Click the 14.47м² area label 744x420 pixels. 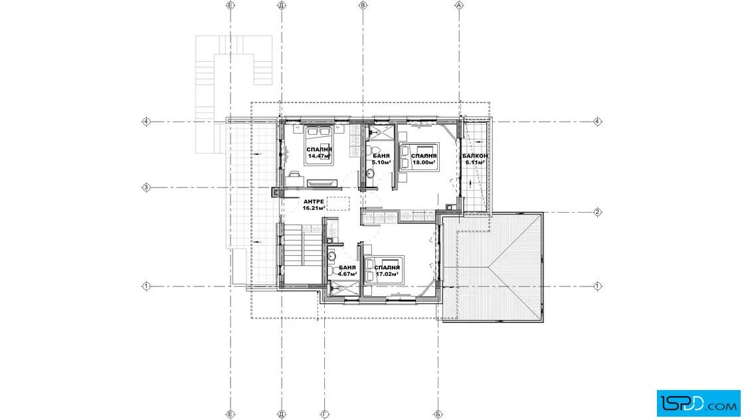click(319, 156)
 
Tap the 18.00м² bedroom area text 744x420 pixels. click(424, 162)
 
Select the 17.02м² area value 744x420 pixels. click(387, 274)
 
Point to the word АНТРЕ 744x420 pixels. click(314, 202)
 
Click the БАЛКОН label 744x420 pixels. click(475, 156)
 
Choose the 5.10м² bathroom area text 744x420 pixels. click(381, 162)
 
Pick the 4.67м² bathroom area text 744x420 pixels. click(347, 274)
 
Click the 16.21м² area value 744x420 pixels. click(314, 208)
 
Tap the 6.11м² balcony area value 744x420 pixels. click(475, 162)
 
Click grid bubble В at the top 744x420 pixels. click(363, 5)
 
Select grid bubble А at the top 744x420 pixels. click(459, 5)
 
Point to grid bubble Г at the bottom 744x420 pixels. click(325, 414)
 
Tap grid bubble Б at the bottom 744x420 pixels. click(438, 414)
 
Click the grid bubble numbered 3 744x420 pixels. click(146, 187)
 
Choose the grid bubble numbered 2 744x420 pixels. click(597, 212)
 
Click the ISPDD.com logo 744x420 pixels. click(698, 403)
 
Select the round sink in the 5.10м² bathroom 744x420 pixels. click(370, 174)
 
